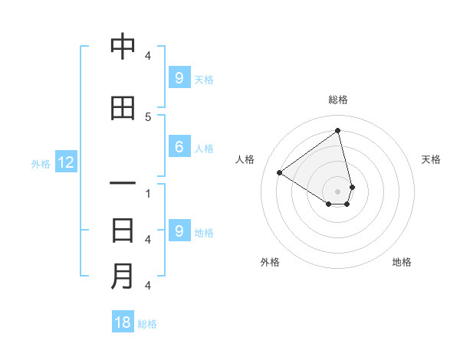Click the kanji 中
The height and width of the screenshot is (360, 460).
(x=123, y=47)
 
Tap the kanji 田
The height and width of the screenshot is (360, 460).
(x=123, y=108)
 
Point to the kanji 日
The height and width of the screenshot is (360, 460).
(x=123, y=231)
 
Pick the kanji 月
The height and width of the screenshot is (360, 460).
(x=123, y=277)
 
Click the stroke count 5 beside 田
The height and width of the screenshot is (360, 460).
(x=147, y=116)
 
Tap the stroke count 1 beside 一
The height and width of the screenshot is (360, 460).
(x=147, y=193)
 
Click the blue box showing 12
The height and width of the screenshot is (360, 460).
(x=65, y=162)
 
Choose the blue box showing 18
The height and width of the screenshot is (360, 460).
(x=123, y=322)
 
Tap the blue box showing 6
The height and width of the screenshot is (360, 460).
(x=179, y=147)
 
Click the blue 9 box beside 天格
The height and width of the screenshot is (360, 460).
(x=179, y=77)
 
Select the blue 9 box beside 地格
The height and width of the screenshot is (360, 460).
(x=179, y=231)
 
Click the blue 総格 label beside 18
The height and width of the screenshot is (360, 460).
(x=147, y=324)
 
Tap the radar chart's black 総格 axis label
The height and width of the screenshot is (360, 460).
(x=338, y=100)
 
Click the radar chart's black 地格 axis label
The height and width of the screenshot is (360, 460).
(x=402, y=262)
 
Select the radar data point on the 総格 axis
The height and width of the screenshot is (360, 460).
(x=338, y=131)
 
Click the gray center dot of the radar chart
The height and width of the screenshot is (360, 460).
(x=338, y=191)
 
